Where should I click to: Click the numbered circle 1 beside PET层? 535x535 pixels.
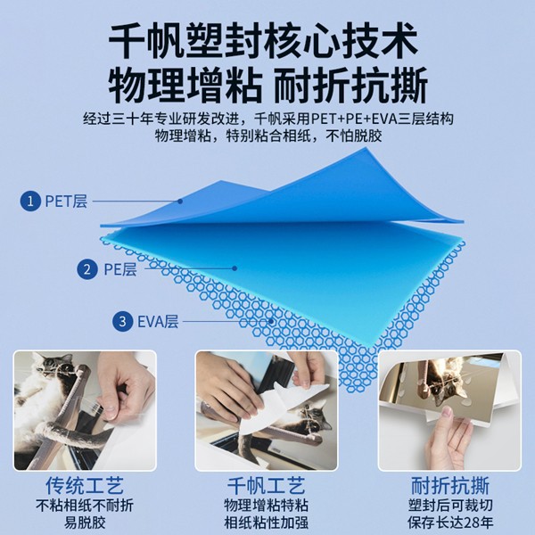31,202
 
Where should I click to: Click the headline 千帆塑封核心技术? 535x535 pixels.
267,40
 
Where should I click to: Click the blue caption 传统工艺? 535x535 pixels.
85,487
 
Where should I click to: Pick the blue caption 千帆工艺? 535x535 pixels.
268,487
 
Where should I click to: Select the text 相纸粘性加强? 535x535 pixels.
268,523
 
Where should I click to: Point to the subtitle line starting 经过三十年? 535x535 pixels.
267,119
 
